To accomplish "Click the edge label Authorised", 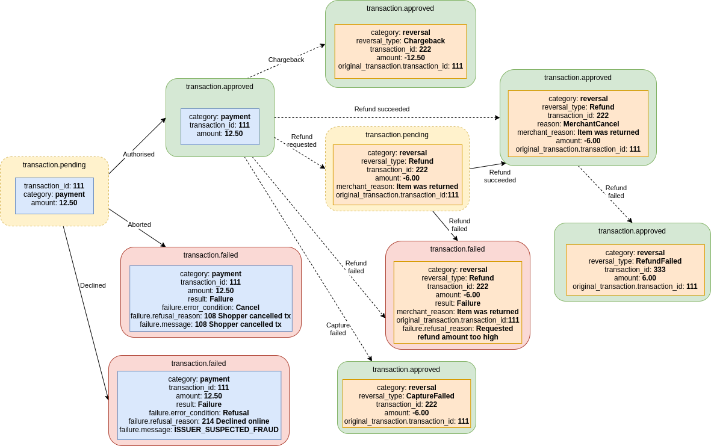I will pos(138,154).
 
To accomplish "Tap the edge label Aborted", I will pos(139,225).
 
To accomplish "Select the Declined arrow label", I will pos(93,285).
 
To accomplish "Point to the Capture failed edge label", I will pos(338,329).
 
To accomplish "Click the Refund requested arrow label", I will pos(302,141).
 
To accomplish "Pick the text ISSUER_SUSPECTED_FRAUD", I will pos(226,430).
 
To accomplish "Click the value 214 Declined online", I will pos(235,421).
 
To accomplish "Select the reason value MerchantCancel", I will pos(591,124).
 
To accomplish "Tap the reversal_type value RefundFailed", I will pos(659,261).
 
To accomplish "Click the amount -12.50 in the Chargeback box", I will pos(414,58).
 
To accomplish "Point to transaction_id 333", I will pos(659,270).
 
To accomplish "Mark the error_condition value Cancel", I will pos(247,308).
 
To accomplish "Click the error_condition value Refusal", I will pos(235,413).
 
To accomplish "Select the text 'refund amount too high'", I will pos(458,337).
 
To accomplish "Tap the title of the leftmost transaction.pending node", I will pos(54,165).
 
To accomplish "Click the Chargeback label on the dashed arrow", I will pos(286,60).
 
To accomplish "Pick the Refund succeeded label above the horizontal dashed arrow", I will pos(382,109).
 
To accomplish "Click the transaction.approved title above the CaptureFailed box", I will pos(406,370).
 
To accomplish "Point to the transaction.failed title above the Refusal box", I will pos(199,364).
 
